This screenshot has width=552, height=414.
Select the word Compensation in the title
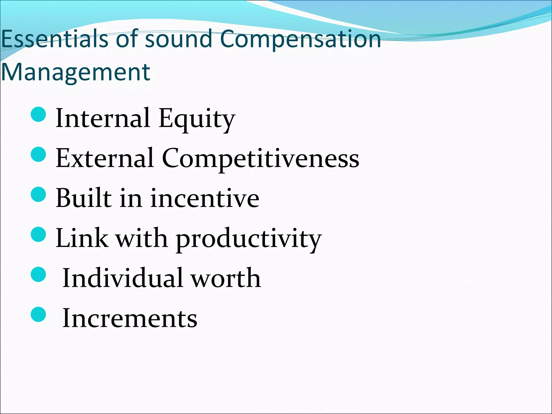click(300, 39)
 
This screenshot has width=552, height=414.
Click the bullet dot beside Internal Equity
click(39, 114)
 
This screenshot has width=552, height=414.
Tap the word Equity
click(197, 119)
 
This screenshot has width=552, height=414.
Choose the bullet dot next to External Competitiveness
click(39, 154)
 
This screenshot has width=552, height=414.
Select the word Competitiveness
click(260, 158)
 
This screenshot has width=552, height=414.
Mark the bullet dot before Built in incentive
click(39, 194)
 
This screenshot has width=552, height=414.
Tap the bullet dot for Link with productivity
click(39, 234)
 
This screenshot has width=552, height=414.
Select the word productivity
click(249, 239)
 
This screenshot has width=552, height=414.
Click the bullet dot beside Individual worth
click(39, 274)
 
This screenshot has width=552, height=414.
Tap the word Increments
click(130, 318)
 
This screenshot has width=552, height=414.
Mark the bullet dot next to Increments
click(39, 314)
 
